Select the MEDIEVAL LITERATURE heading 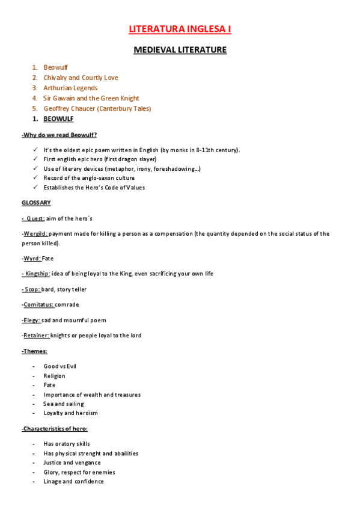[x=180, y=50]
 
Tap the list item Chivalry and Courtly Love [x=81, y=78]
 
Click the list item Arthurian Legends [x=70, y=88]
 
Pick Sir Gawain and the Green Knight [x=91, y=98]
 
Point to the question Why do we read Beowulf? [x=59, y=135]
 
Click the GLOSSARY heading [x=36, y=203]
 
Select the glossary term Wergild [x=35, y=233]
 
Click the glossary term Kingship [x=37, y=274]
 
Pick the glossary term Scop [x=32, y=289]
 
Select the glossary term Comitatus [x=38, y=305]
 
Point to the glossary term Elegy [x=32, y=320]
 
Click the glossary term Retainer [x=36, y=335]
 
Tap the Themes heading [x=34, y=351]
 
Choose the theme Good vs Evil [x=59, y=366]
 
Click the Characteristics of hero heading [x=55, y=428]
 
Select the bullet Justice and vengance [x=72, y=462]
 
